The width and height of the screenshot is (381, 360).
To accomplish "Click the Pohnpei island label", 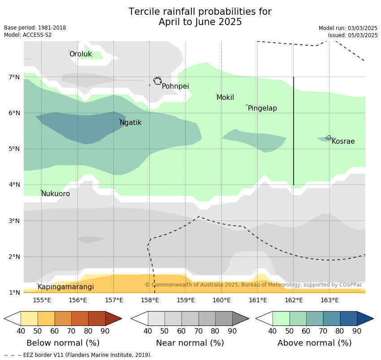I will [175, 86].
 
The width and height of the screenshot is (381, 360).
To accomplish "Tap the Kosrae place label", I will [343, 141].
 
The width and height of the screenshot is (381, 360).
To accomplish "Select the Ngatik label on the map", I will [130, 123].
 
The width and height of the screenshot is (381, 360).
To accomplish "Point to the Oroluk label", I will [80, 54].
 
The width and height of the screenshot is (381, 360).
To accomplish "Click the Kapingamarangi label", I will [65, 287].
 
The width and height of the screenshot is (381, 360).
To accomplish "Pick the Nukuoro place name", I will [56, 194].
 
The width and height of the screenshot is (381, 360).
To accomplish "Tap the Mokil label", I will [225, 98].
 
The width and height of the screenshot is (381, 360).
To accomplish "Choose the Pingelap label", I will [262, 108].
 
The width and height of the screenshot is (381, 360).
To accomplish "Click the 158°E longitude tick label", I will [150, 300].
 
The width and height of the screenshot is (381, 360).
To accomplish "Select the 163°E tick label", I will [329, 300].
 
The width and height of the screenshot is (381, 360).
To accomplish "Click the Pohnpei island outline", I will [157, 81].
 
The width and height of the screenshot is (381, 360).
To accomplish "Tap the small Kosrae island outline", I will [329, 137].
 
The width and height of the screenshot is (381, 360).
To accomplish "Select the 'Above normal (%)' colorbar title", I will [314, 343].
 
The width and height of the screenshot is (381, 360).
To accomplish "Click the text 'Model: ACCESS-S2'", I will [28, 35].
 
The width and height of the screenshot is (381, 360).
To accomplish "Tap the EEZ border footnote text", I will [78, 355].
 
